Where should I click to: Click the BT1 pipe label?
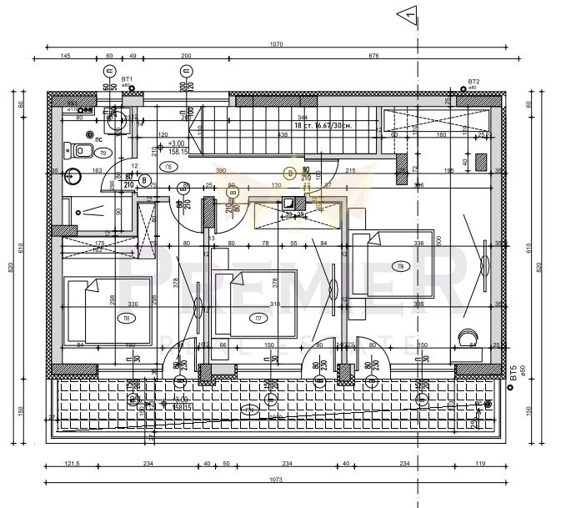127,79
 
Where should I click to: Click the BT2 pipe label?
473,81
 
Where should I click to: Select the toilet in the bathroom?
82,151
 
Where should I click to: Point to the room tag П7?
258,317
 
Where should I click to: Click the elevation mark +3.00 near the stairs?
177,143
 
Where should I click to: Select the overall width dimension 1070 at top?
276,44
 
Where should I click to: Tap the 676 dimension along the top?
373,56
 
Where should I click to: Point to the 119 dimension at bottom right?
480,465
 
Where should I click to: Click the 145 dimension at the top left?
65,56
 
